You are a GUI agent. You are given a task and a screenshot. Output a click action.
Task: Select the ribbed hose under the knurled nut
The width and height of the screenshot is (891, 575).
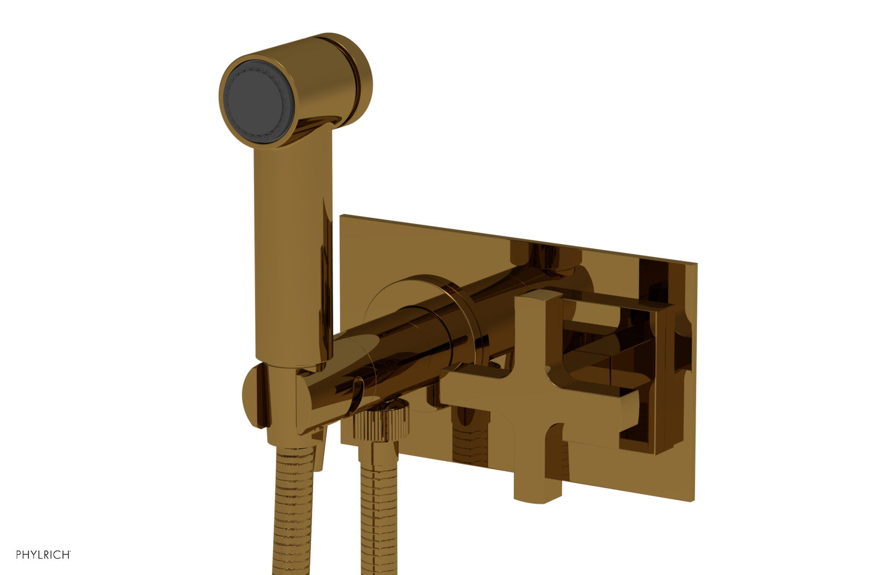click(x=381, y=501)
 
